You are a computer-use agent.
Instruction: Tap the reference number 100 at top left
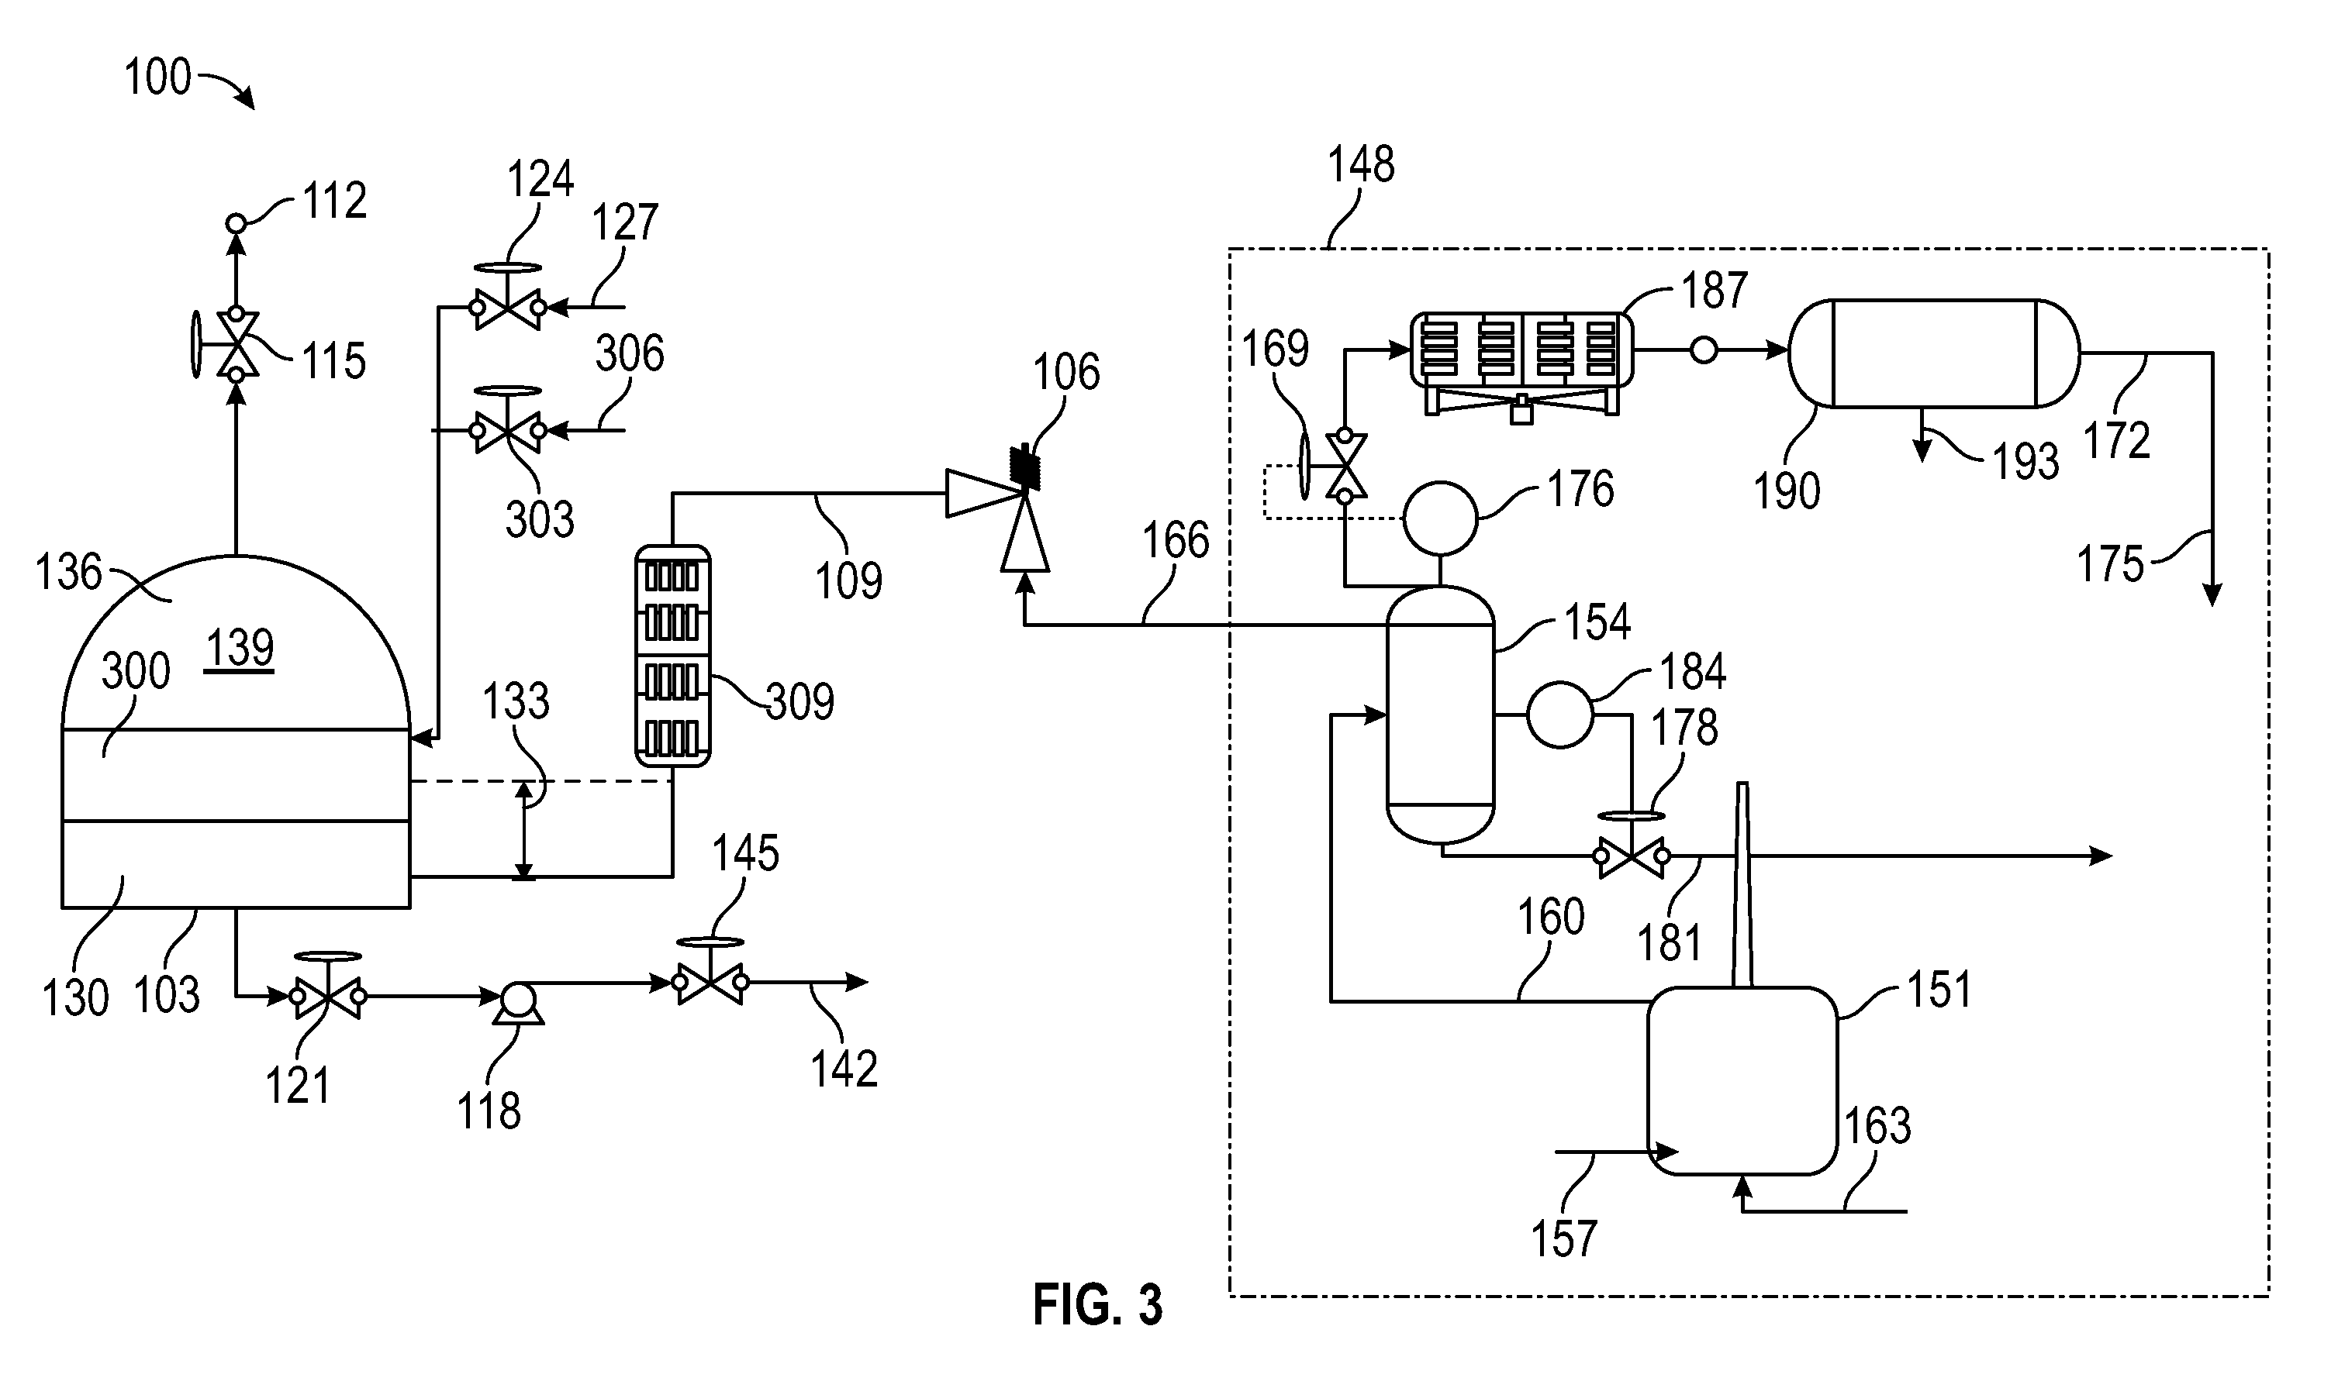(x=157, y=77)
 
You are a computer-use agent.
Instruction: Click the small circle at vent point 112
(x=236, y=223)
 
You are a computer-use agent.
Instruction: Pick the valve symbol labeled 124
(x=507, y=297)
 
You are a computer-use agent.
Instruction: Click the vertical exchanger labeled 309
(x=672, y=656)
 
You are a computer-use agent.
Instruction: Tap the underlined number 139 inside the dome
(x=240, y=648)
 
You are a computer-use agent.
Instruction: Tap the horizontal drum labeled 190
(x=1934, y=353)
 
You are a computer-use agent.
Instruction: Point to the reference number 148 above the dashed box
(x=1361, y=164)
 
